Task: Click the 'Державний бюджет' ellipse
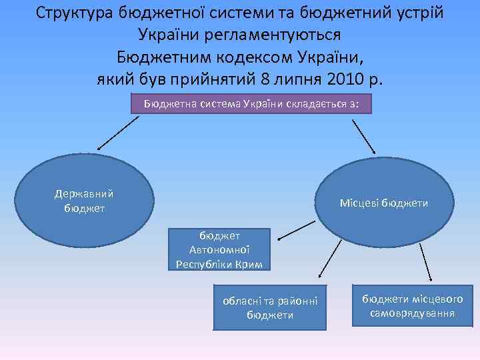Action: click(85, 201)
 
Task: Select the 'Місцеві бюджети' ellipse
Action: click(383, 201)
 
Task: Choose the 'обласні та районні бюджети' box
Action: click(270, 307)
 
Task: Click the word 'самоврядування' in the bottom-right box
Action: click(413, 313)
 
